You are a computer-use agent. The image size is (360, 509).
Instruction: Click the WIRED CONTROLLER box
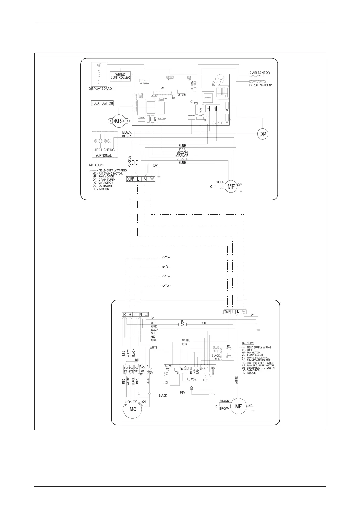tap(120, 76)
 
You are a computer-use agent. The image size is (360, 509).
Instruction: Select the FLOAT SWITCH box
tap(102, 103)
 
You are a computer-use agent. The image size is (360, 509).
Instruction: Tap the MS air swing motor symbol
tap(119, 121)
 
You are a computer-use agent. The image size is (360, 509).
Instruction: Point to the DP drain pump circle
tap(263, 134)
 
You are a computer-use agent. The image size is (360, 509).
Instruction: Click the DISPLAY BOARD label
tap(100, 89)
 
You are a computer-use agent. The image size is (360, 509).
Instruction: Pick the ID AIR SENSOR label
tap(259, 73)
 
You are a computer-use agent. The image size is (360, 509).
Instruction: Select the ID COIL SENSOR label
tap(260, 85)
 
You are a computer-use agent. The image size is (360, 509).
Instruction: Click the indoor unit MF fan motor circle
tap(231, 187)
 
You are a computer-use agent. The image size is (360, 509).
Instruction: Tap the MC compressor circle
tap(133, 410)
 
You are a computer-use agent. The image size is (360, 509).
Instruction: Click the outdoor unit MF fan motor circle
tap(238, 406)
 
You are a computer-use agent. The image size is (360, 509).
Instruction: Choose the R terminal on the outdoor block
tap(124, 314)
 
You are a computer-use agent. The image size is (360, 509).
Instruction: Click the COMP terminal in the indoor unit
tap(130, 179)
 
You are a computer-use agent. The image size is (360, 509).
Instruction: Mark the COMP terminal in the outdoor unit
tap(227, 312)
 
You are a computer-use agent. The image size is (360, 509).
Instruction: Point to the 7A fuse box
tap(183, 324)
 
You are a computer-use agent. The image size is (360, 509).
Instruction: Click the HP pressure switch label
tap(229, 346)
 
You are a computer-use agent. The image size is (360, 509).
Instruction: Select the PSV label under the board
tap(182, 393)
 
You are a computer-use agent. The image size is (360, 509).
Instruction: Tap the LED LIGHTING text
tap(105, 150)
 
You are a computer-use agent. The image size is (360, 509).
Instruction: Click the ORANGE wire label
tap(182, 156)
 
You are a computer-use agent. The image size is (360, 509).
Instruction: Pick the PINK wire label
tap(182, 149)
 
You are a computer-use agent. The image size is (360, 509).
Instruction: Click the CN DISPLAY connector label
tap(144, 83)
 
